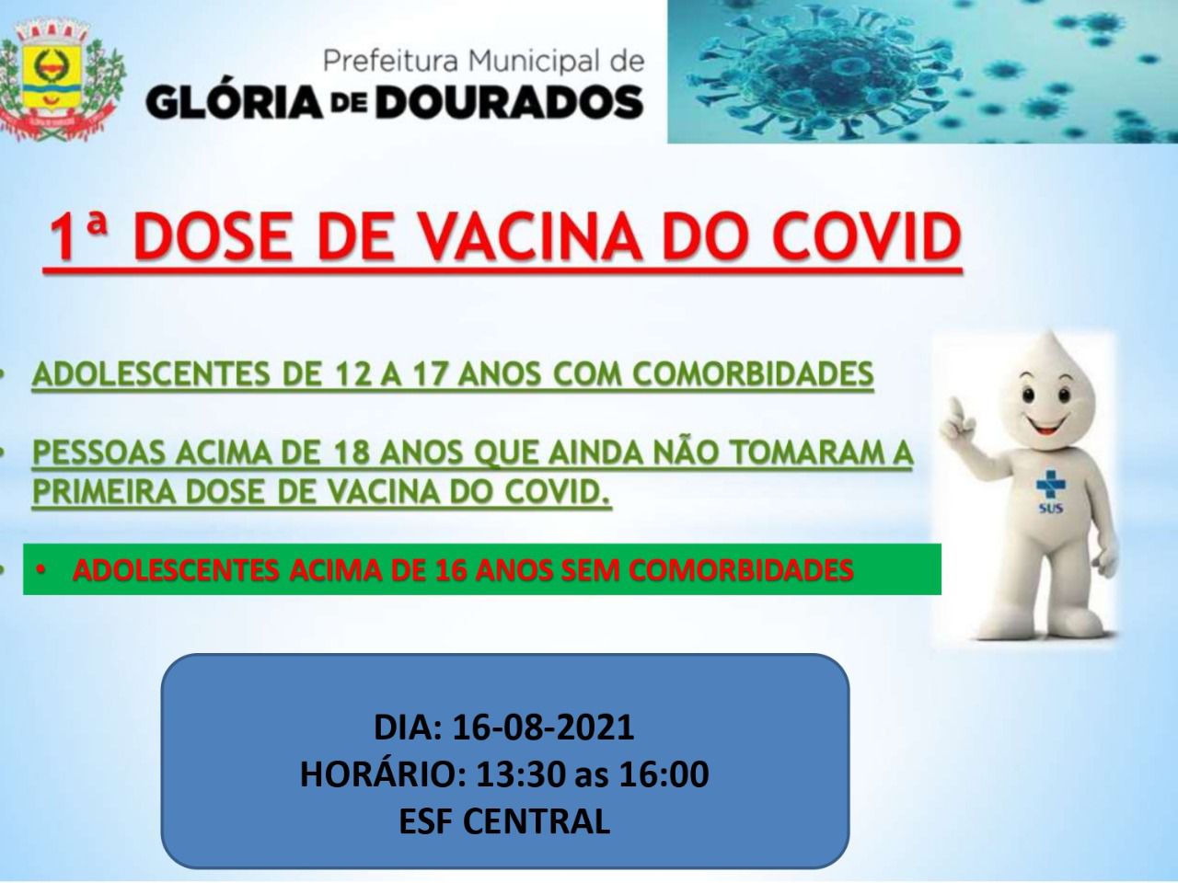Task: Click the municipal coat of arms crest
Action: (x=59, y=80)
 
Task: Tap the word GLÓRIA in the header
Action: (x=234, y=101)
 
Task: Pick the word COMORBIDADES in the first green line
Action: (x=753, y=373)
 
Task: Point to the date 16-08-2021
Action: (x=543, y=728)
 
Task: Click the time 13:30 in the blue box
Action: (x=520, y=774)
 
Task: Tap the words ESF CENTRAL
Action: (x=504, y=820)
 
